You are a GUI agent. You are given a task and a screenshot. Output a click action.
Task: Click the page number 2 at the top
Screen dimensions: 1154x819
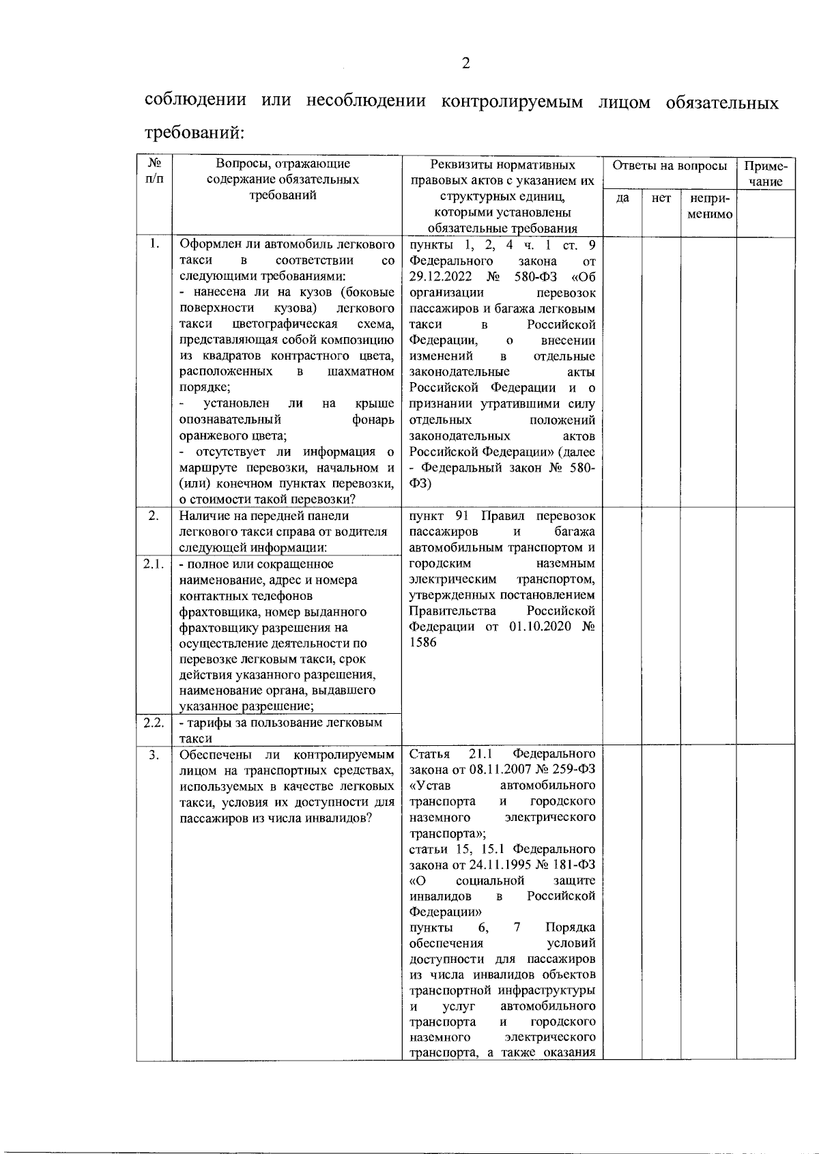click(465, 63)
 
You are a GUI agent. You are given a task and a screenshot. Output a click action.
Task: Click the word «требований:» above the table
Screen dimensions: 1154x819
click(195, 132)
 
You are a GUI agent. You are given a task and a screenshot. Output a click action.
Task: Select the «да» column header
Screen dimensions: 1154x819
click(622, 199)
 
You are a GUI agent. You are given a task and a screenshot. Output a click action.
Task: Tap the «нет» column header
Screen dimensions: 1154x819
click(661, 199)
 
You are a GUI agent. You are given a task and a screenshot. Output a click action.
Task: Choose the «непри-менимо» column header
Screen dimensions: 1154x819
click(709, 206)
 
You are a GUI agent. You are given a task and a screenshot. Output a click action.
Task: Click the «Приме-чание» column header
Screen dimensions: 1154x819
click(766, 173)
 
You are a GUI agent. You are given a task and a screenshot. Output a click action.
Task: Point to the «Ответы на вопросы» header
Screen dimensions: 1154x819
click(669, 166)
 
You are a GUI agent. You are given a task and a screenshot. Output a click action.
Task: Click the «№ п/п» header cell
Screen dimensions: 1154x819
click(154, 171)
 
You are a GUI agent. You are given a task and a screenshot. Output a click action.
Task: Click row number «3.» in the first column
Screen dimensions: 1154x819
click(154, 755)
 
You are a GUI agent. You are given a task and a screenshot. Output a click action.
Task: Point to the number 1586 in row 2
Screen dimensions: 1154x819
click(423, 643)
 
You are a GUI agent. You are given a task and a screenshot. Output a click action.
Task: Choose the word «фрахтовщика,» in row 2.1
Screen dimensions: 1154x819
click(220, 611)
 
